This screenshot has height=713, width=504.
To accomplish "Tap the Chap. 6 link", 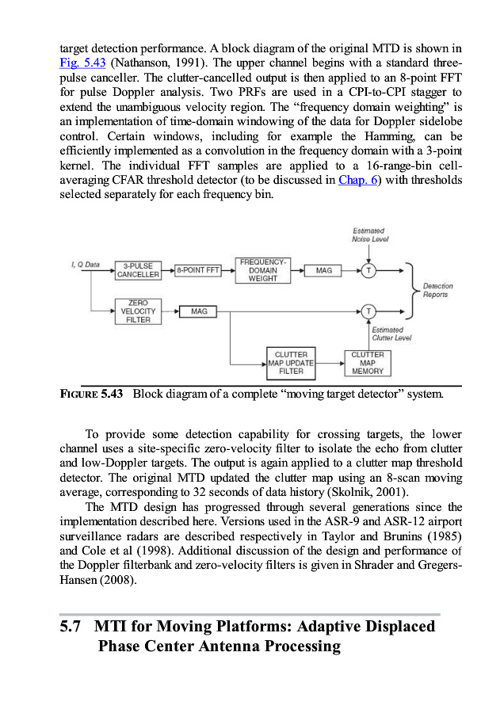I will click(358, 180).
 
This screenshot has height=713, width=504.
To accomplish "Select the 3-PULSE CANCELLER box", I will click(138, 270).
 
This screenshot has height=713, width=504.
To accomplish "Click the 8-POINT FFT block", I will click(198, 270).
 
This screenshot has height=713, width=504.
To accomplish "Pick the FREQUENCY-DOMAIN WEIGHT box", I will click(263, 270).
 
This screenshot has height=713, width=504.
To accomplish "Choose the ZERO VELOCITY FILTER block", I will click(138, 311).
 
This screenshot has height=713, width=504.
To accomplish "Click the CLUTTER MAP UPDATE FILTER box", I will click(291, 363).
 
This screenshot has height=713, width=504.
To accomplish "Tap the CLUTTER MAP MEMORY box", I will click(367, 363).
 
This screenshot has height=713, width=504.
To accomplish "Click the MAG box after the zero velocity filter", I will click(199, 311).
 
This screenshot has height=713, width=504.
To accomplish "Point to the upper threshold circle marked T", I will click(368, 270).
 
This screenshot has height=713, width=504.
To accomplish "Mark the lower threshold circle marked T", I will click(368, 311).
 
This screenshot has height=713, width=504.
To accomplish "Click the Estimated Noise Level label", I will click(369, 234).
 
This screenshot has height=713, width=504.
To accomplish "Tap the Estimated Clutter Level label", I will click(388, 334).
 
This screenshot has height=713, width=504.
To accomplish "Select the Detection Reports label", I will click(438, 290).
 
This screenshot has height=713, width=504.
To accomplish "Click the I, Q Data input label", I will click(86, 263).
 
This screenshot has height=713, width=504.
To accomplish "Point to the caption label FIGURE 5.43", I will click(91, 394).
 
